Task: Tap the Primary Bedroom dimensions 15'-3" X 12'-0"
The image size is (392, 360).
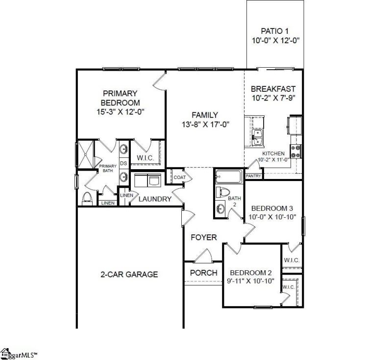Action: tap(120, 112)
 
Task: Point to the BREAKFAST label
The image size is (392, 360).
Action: tap(273, 89)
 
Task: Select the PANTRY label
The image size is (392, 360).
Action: tap(253, 175)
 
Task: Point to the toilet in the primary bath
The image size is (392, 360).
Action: tap(88, 198)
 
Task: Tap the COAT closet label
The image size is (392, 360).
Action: tap(178, 178)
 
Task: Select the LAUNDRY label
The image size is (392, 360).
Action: tap(155, 199)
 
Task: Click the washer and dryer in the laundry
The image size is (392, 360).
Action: tap(147, 180)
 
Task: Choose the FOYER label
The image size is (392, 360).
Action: tap(204, 237)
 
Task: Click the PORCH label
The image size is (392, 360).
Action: tap(203, 273)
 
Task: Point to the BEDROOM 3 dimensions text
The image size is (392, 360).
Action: tap(272, 217)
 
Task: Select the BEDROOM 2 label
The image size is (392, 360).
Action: tap(251, 273)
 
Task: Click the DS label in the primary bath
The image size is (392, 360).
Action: tap(124, 163)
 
